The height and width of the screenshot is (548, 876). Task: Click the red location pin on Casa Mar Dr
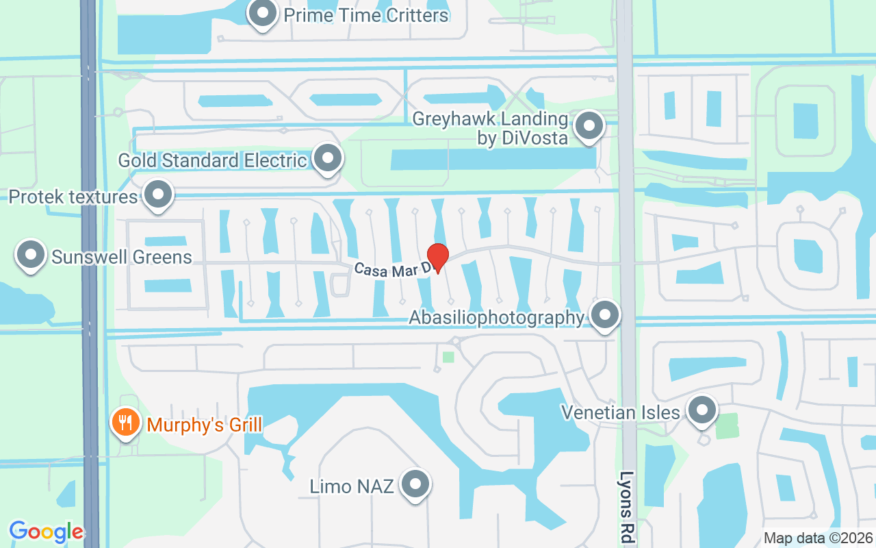pyautogui.click(x=437, y=256)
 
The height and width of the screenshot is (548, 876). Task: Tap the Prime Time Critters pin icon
pyautogui.click(x=262, y=14)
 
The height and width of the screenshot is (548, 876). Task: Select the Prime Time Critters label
pyautogui.click(x=366, y=14)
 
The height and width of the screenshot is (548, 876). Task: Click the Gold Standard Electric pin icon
pyautogui.click(x=328, y=158)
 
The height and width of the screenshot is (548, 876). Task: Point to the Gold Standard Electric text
pyautogui.click(x=212, y=160)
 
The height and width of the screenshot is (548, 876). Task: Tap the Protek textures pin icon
pyautogui.click(x=159, y=195)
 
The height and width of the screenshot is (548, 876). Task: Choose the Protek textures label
pyautogui.click(x=73, y=197)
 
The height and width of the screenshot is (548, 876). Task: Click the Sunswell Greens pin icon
pyautogui.click(x=30, y=255)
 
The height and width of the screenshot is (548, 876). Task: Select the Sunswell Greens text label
pyautogui.click(x=122, y=258)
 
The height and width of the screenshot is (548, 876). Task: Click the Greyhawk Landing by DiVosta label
pyautogui.click(x=490, y=128)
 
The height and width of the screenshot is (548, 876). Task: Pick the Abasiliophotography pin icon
pyautogui.click(x=604, y=315)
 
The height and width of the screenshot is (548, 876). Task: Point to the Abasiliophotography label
pyautogui.click(x=497, y=318)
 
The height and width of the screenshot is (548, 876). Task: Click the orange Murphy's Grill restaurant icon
pyautogui.click(x=125, y=422)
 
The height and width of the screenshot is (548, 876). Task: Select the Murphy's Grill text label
pyautogui.click(x=205, y=425)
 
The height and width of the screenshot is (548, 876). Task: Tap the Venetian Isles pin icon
pyautogui.click(x=701, y=411)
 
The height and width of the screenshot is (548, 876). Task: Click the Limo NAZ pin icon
pyautogui.click(x=414, y=485)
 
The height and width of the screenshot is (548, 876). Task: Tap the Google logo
pyautogui.click(x=46, y=531)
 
